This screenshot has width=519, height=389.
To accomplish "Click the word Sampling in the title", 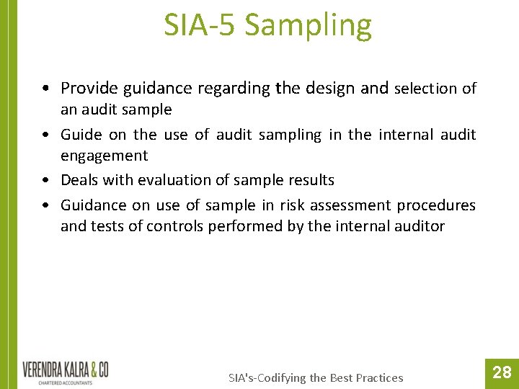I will click(309, 26).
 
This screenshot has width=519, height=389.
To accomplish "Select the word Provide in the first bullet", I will click(89, 89).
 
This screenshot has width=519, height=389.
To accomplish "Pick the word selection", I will click(425, 89).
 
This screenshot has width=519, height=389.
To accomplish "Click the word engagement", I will click(104, 156).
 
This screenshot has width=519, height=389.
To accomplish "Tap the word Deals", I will click(81, 180).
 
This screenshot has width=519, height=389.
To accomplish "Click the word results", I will click(310, 180).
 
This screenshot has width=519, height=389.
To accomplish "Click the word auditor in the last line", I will click(418, 226).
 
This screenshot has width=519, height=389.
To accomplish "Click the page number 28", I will click(502, 372).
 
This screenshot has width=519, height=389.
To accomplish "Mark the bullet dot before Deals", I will click(45, 181).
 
